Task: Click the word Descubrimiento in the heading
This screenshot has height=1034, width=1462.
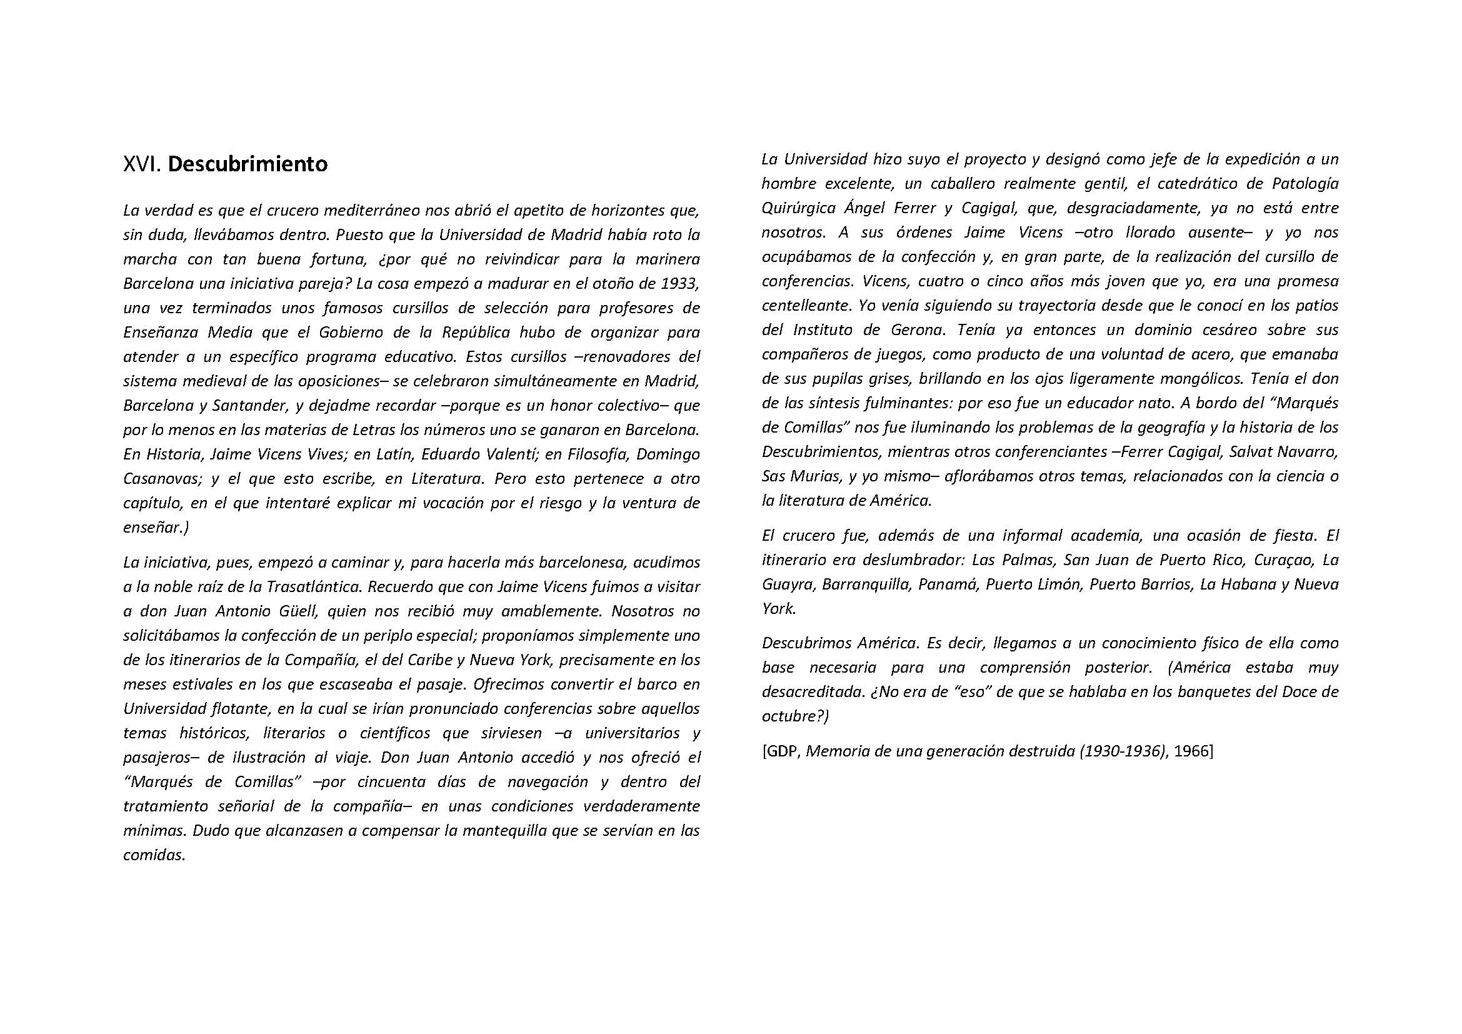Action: pos(248,164)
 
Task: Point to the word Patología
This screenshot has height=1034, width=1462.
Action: pos(1304,184)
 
